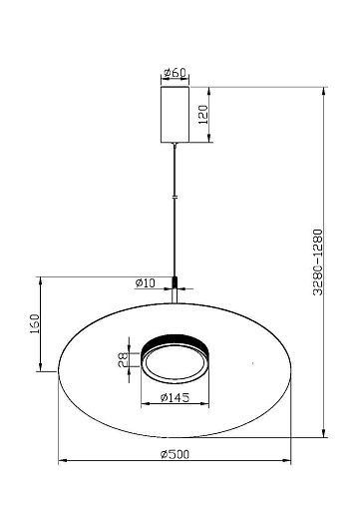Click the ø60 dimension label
[176, 73]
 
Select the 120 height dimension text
[203, 115]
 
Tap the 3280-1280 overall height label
[318, 262]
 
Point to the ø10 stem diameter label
[146, 283]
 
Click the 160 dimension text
[35, 323]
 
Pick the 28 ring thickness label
[123, 359]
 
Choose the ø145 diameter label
[175, 397]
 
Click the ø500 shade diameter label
[175, 454]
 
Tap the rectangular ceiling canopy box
[175, 115]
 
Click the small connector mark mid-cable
[176, 197]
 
